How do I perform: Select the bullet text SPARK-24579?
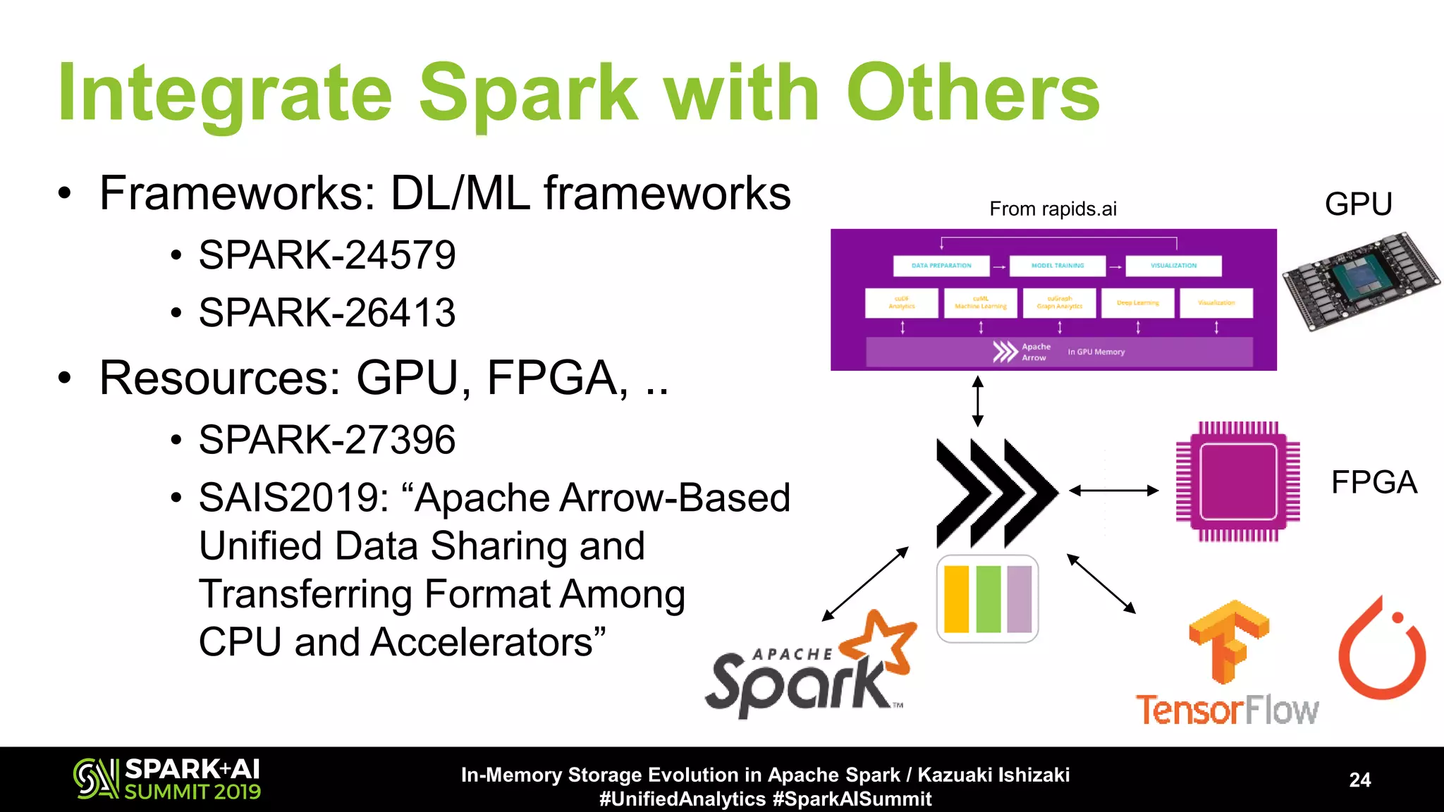point(327,255)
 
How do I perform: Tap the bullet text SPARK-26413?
point(327,313)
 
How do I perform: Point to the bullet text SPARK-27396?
point(327,440)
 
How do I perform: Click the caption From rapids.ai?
point(1053,209)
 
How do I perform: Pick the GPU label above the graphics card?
point(1358,204)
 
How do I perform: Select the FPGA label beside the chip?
point(1373,483)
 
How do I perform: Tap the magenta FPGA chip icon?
point(1237,482)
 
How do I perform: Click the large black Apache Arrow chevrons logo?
point(996,492)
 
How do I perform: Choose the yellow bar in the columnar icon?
point(956,599)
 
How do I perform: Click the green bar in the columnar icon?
point(989,599)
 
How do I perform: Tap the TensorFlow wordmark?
point(1227,710)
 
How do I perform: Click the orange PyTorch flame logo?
point(1382,652)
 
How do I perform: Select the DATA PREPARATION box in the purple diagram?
point(941,266)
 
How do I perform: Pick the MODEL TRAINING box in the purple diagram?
point(1058,266)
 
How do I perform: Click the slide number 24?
point(1359,780)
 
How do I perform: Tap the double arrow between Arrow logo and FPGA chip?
point(1114,491)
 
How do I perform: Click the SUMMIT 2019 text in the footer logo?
point(192,792)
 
